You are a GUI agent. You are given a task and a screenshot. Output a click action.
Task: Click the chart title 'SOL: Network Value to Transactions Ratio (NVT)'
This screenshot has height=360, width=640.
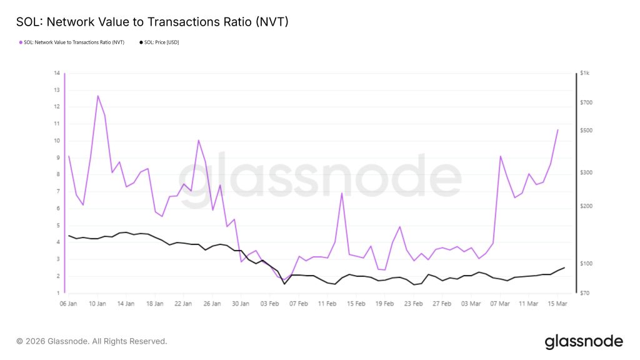[x=152, y=22]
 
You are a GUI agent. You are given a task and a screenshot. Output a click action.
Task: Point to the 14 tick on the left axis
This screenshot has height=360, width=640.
[x=57, y=73]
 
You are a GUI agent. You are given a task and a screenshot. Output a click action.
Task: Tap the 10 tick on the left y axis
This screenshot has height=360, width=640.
[x=56, y=141]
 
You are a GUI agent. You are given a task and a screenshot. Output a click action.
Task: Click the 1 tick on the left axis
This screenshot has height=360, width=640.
[x=57, y=293]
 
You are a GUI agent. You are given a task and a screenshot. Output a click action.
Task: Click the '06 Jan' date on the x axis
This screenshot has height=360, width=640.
[x=68, y=303]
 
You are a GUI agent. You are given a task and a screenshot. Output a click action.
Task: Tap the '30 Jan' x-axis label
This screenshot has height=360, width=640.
[x=241, y=303]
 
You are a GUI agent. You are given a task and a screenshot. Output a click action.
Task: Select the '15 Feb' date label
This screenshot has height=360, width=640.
[x=356, y=303]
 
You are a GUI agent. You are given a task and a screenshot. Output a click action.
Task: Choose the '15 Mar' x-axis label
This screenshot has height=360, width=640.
[x=557, y=303]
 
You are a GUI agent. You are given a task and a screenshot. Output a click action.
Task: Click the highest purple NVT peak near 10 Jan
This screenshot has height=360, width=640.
[x=97, y=96]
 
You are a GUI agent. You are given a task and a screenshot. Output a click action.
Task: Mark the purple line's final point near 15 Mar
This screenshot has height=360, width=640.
[x=557, y=129]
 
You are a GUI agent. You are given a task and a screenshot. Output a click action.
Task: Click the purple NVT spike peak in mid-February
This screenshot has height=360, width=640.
[x=342, y=193]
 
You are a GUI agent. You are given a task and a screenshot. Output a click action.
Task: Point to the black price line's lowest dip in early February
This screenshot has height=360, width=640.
[x=285, y=284]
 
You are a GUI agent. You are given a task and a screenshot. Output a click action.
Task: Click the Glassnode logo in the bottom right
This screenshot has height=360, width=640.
[x=584, y=341]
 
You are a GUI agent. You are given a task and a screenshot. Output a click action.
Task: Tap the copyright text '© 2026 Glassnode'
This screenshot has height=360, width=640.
[x=92, y=341]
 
